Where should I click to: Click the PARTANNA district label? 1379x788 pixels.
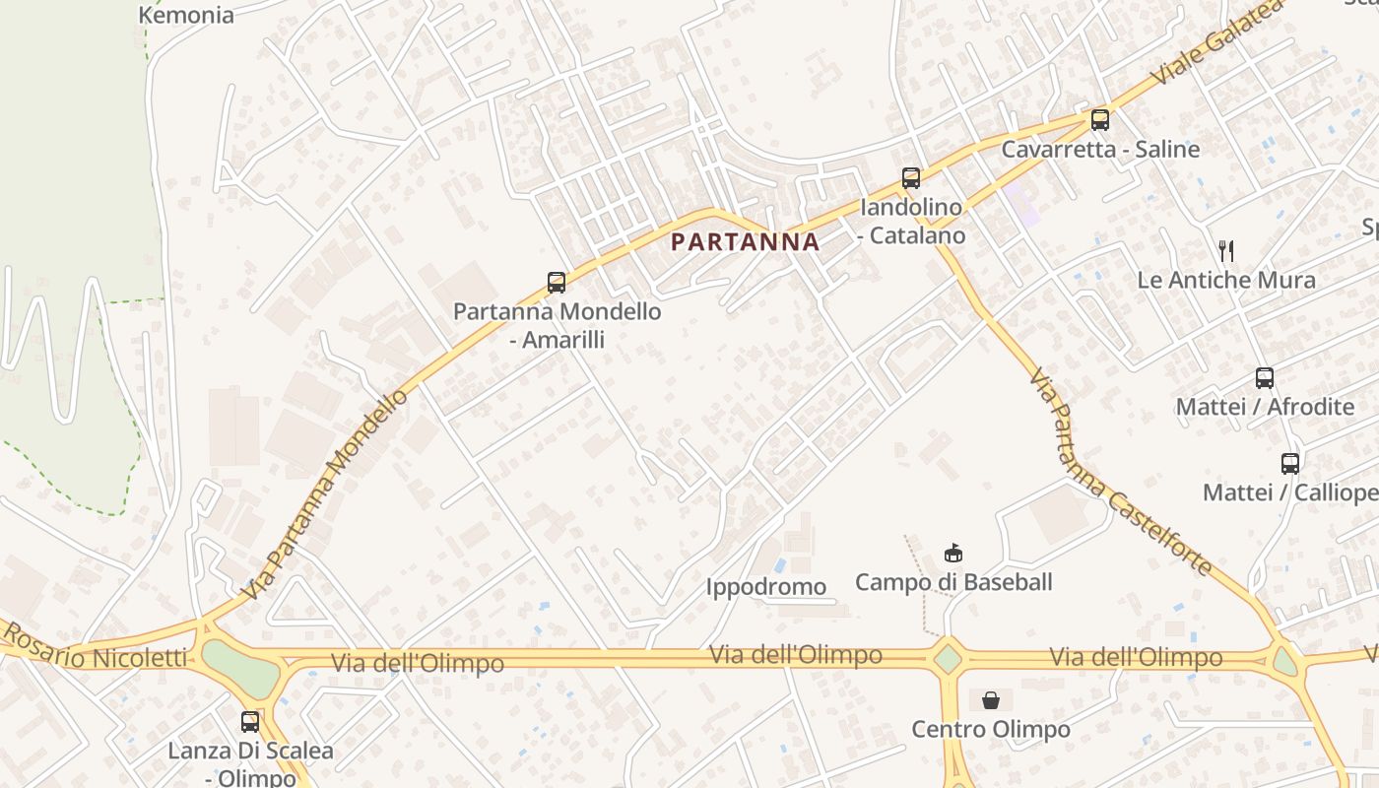tap(745, 242)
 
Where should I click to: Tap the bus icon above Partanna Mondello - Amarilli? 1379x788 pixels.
tap(557, 283)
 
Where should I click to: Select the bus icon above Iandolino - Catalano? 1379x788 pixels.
tap(911, 178)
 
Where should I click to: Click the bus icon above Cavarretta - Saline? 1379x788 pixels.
tap(1100, 120)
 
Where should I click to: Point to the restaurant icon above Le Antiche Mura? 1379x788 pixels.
tap(1226, 251)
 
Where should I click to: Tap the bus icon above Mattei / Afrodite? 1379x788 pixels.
tap(1265, 378)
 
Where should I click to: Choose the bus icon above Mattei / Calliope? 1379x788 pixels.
tap(1290, 464)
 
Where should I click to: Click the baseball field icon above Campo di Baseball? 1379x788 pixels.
tap(952, 553)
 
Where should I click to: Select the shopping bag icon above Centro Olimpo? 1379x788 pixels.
tap(991, 700)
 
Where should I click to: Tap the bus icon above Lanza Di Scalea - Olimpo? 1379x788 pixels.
tap(250, 722)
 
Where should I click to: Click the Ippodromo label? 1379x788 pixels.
tap(766, 587)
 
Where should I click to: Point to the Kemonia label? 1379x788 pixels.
tap(186, 15)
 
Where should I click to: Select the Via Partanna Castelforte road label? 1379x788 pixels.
tap(1120, 472)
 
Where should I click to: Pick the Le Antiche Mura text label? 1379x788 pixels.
tap(1226, 280)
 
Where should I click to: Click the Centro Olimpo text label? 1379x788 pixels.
tap(991, 730)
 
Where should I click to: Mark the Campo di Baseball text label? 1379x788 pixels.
tap(953, 582)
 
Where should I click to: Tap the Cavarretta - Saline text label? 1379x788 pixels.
tap(1100, 150)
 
